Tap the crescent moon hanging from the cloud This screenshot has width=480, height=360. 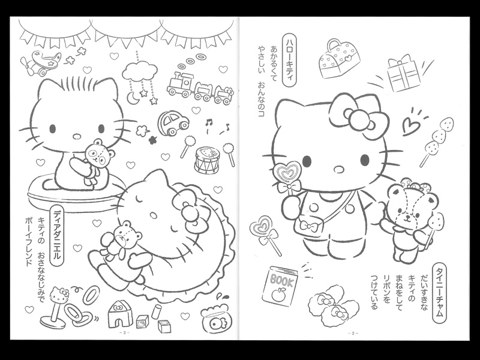tap(133, 98)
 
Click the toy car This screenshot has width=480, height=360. tap(173, 123)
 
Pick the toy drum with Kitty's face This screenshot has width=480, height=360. tap(207, 159)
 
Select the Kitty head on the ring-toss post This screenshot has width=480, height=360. tap(59, 294)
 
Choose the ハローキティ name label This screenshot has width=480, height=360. tap(290, 59)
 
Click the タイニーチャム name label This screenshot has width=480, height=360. tap(439, 292)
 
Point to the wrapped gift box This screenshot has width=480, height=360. tap(403, 73)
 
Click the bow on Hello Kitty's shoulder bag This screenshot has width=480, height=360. tap(308, 226)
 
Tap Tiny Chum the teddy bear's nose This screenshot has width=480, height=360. tap(407, 216)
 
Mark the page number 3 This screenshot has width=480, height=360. tap(125, 333)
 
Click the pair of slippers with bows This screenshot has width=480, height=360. tap(333, 305)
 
